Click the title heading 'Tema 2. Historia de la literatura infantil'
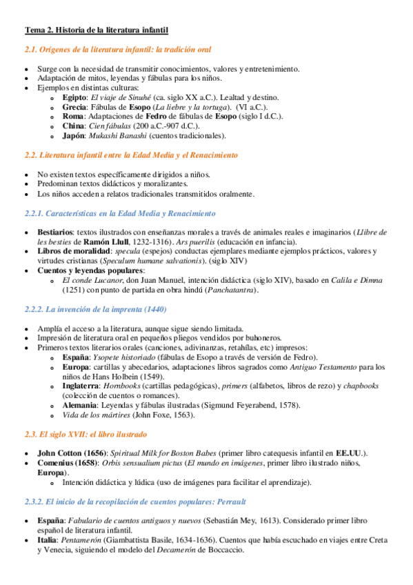(x=97, y=30)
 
